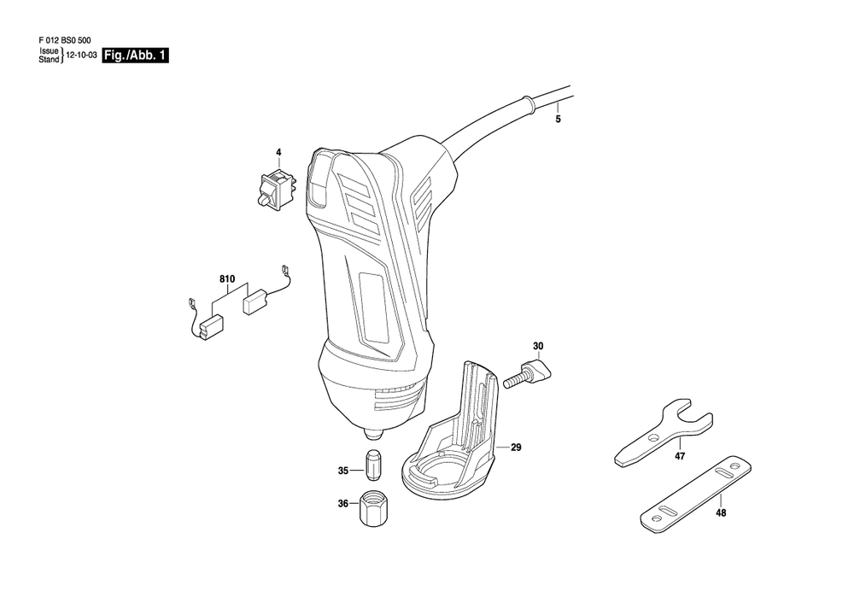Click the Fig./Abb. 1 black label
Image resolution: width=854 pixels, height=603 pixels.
[135, 56]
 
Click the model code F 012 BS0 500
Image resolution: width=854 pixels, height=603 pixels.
[65, 40]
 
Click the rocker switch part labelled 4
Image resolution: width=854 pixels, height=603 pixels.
[278, 187]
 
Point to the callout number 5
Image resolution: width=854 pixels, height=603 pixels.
[558, 120]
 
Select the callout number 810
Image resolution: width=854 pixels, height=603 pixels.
[227, 279]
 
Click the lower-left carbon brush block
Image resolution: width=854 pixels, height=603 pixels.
[211, 329]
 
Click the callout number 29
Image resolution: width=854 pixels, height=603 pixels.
[516, 448]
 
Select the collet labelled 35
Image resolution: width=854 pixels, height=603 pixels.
[372, 465]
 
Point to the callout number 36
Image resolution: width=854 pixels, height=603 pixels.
[342, 504]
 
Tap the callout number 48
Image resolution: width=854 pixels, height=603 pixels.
[721, 512]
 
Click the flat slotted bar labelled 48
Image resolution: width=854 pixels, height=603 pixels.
[695, 495]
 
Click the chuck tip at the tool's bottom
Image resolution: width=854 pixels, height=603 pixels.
[372, 435]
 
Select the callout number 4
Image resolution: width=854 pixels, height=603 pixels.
[278, 153]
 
